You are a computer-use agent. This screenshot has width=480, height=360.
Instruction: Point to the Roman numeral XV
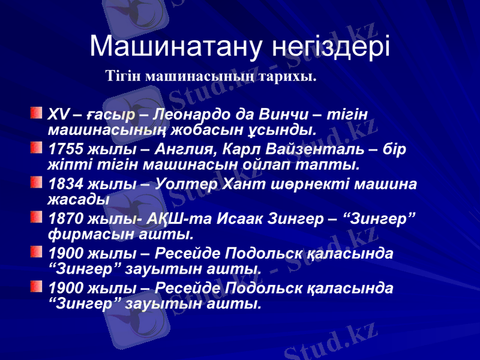point(58,114)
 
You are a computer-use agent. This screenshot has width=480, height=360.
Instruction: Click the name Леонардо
point(192,114)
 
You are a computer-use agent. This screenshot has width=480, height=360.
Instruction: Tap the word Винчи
point(285,114)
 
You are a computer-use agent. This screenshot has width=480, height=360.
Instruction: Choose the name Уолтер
point(185,182)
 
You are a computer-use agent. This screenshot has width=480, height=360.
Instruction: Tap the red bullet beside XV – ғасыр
point(37,112)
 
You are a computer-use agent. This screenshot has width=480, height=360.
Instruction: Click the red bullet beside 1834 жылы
point(37,181)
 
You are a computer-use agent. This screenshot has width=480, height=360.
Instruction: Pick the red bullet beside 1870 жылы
point(37,215)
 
